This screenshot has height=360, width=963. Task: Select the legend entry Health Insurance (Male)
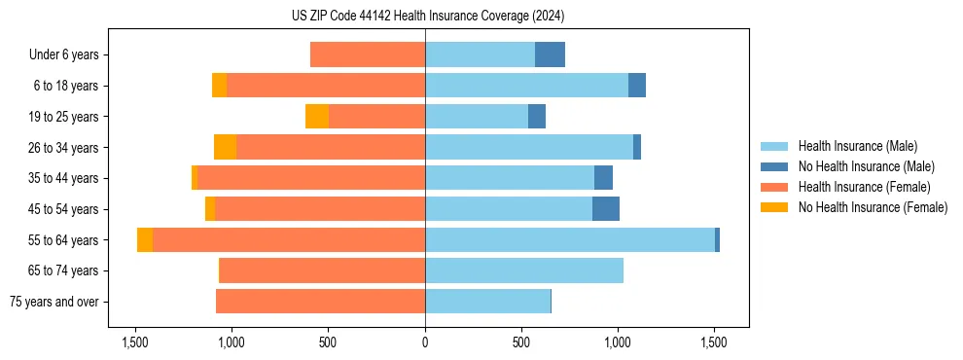[x=856, y=146]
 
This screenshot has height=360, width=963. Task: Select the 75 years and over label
[x=53, y=302]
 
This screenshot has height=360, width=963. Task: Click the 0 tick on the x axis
[x=425, y=342]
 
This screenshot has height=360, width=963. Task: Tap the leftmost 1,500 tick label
[x=135, y=342]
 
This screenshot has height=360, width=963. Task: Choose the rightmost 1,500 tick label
[x=714, y=342]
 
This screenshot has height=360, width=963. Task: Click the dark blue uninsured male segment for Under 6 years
[x=550, y=55]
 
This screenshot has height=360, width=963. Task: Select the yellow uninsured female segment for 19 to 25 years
[x=317, y=117]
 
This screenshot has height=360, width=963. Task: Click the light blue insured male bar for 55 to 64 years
[x=570, y=240]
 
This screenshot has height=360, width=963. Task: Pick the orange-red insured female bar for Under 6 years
[x=368, y=55]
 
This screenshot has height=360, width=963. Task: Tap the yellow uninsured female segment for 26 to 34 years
[x=225, y=148]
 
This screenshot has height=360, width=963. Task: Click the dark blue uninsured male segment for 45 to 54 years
[x=606, y=209]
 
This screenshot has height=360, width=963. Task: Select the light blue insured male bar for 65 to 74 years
[x=524, y=270]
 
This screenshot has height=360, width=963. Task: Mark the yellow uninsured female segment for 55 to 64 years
[x=145, y=240]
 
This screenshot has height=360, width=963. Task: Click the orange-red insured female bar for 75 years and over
[x=320, y=302]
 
